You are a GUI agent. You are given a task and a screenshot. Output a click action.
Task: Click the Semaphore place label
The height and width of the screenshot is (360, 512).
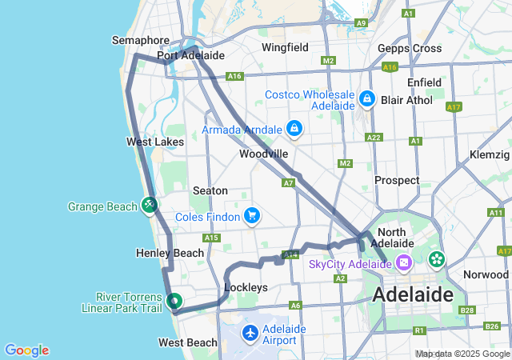pyautogui.click(x=141, y=40)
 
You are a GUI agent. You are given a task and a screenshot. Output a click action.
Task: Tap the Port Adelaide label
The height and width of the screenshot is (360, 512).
pyautogui.click(x=190, y=56)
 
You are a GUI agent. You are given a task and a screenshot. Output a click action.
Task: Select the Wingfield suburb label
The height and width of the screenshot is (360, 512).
pyautogui.click(x=285, y=47)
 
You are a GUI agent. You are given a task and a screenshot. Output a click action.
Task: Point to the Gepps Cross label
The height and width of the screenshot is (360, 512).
pyautogui.click(x=410, y=48)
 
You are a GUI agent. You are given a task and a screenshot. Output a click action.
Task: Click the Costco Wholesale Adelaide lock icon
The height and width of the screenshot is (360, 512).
pyautogui.click(x=367, y=99)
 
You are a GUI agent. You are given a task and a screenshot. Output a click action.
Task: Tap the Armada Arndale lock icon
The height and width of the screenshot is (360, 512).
pyautogui.click(x=294, y=129)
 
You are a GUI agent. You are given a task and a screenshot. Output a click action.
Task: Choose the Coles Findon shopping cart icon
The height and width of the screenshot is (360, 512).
pyautogui.click(x=252, y=215)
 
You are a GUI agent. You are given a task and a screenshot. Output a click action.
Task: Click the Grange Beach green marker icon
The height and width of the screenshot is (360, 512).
pyautogui.click(x=150, y=206)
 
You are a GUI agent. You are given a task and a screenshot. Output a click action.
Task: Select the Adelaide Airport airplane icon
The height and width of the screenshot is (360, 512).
pyautogui.click(x=250, y=332)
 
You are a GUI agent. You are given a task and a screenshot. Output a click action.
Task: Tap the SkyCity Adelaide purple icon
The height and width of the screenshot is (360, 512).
pyautogui.click(x=404, y=262)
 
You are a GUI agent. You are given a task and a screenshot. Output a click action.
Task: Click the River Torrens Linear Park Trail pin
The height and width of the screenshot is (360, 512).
pyautogui.click(x=174, y=301)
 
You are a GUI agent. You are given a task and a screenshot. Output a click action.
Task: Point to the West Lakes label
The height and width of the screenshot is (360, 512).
pyautogui.click(x=155, y=142)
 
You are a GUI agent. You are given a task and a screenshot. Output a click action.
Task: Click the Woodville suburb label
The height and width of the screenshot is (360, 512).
pyautogui.click(x=263, y=154)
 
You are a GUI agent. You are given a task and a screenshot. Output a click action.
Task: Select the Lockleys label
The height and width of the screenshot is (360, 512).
pyautogui.click(x=246, y=286)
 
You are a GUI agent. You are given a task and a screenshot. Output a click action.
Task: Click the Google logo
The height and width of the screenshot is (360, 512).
pyautogui.click(x=26, y=350)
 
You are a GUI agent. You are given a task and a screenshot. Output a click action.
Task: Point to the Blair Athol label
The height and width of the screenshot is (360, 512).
pyautogui.click(x=406, y=100)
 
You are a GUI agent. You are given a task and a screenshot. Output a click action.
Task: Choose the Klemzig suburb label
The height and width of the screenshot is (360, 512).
pyautogui.click(x=490, y=153)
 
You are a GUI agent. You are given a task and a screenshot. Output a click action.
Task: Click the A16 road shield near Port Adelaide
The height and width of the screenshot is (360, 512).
pyautogui.click(x=234, y=77)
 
